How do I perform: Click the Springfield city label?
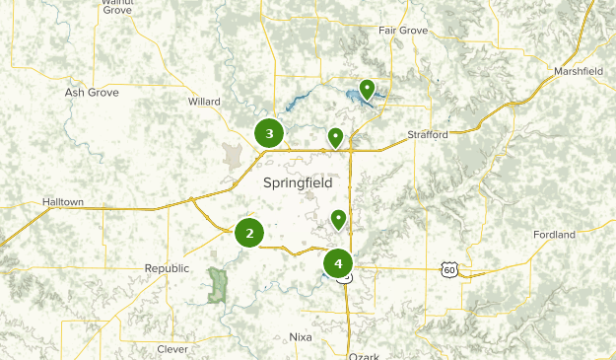coord(298,183)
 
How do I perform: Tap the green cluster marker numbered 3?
coord(269,133)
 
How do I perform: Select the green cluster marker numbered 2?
coord(249,233)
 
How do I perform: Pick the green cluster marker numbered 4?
coord(338,263)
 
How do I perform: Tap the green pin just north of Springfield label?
coord(335,137)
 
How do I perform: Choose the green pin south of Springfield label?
coord(338,219)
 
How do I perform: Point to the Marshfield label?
coord(579,72)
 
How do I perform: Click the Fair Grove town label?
coord(403,31)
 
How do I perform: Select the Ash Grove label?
coord(92,93)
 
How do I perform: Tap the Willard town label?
coord(204,101)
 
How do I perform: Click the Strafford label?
coord(428,135)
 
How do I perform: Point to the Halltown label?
coord(63,202)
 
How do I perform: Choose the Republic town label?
coord(166,268)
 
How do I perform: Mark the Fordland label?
coord(554,235)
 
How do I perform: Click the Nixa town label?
coord(301,337)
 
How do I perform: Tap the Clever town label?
coord(172,349)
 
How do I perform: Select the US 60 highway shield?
coord(449,268)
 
